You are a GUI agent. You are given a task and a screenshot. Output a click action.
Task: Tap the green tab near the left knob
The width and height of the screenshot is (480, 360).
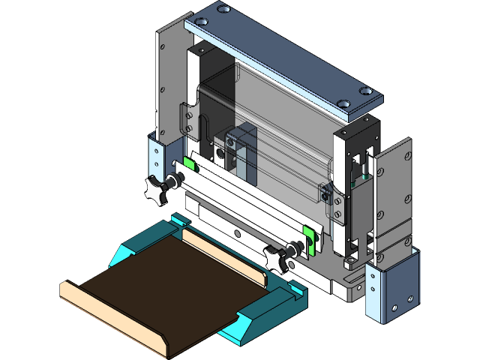pos(189,163)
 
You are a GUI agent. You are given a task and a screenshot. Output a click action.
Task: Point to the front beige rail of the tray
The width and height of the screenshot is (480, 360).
pos(112,315)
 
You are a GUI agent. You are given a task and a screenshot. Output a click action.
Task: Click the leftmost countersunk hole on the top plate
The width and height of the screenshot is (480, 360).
pos(223,10)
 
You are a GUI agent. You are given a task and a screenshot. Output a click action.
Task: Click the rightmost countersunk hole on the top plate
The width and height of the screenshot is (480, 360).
pos(365,91)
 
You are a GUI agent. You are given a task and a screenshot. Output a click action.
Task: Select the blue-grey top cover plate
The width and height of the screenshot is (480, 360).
pos(285,60)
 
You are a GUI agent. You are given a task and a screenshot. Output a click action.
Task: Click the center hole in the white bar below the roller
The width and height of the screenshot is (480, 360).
pos(238,234)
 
